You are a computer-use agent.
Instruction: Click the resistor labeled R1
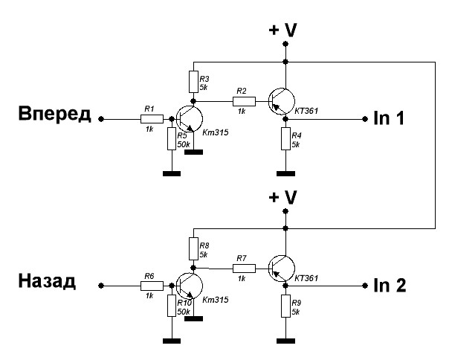point(149,118)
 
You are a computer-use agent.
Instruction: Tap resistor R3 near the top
point(193,80)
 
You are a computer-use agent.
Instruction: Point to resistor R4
point(285,138)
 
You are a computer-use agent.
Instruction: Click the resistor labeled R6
point(149,285)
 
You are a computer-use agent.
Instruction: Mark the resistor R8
point(193,247)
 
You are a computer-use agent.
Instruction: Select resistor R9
point(285,305)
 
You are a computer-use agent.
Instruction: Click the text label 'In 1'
point(387,118)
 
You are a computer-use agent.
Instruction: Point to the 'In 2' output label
point(389,285)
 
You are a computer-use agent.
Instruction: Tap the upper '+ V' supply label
point(283,30)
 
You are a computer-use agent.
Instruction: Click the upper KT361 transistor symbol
point(280,101)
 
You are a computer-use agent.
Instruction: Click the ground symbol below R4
point(285,174)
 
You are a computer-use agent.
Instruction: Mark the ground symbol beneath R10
point(172,341)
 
